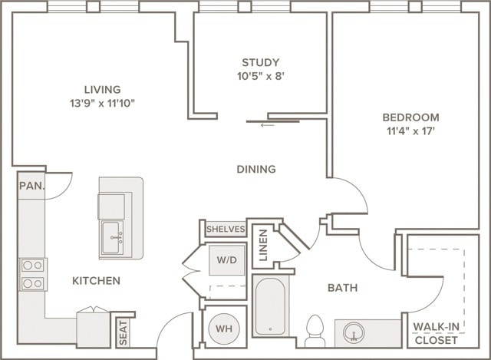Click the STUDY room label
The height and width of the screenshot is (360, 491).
(260, 62)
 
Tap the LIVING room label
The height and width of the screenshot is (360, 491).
(102, 90)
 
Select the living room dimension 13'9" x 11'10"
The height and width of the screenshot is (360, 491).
(102, 103)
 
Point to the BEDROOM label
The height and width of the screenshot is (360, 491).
(410, 117)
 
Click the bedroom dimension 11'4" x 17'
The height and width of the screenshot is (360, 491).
(411, 131)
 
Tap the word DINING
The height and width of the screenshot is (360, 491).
(256, 169)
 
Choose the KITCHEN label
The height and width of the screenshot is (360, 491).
(96, 281)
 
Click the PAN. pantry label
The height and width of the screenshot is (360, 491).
(31, 186)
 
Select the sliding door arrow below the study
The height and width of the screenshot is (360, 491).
(267, 125)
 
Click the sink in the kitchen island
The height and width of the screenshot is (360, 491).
(112, 237)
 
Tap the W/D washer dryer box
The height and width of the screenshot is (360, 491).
(227, 260)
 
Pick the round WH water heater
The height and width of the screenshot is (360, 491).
(224, 329)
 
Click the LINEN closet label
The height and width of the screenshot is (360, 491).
(263, 246)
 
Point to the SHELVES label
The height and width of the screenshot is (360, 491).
(226, 229)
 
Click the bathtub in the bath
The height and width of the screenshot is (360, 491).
(270, 306)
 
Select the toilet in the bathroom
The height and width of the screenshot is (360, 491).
(315, 331)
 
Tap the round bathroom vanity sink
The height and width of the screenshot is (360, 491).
(354, 332)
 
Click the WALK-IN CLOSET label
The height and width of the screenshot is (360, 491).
(437, 333)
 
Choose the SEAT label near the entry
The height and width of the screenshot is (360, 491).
(123, 332)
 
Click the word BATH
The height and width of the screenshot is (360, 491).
(343, 288)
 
